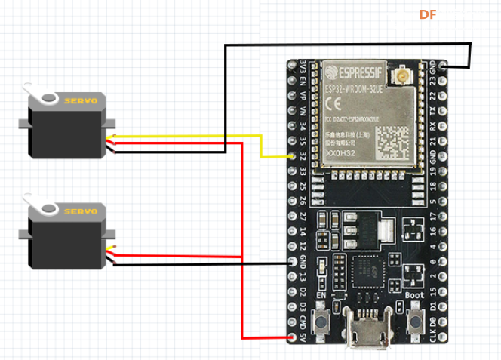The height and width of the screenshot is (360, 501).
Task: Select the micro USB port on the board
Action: click(367, 337)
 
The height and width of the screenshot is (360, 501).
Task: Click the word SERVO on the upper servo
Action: click(80, 101)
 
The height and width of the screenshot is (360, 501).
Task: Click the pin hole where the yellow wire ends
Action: click(293, 156)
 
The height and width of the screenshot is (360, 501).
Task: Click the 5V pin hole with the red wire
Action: click(293, 337)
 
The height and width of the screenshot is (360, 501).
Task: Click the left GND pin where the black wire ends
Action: click(293, 262)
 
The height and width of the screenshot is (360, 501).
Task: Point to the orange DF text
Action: click(428, 14)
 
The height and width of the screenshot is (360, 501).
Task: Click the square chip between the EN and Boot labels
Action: click(367, 271)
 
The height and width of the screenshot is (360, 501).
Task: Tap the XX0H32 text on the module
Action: click(340, 154)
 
